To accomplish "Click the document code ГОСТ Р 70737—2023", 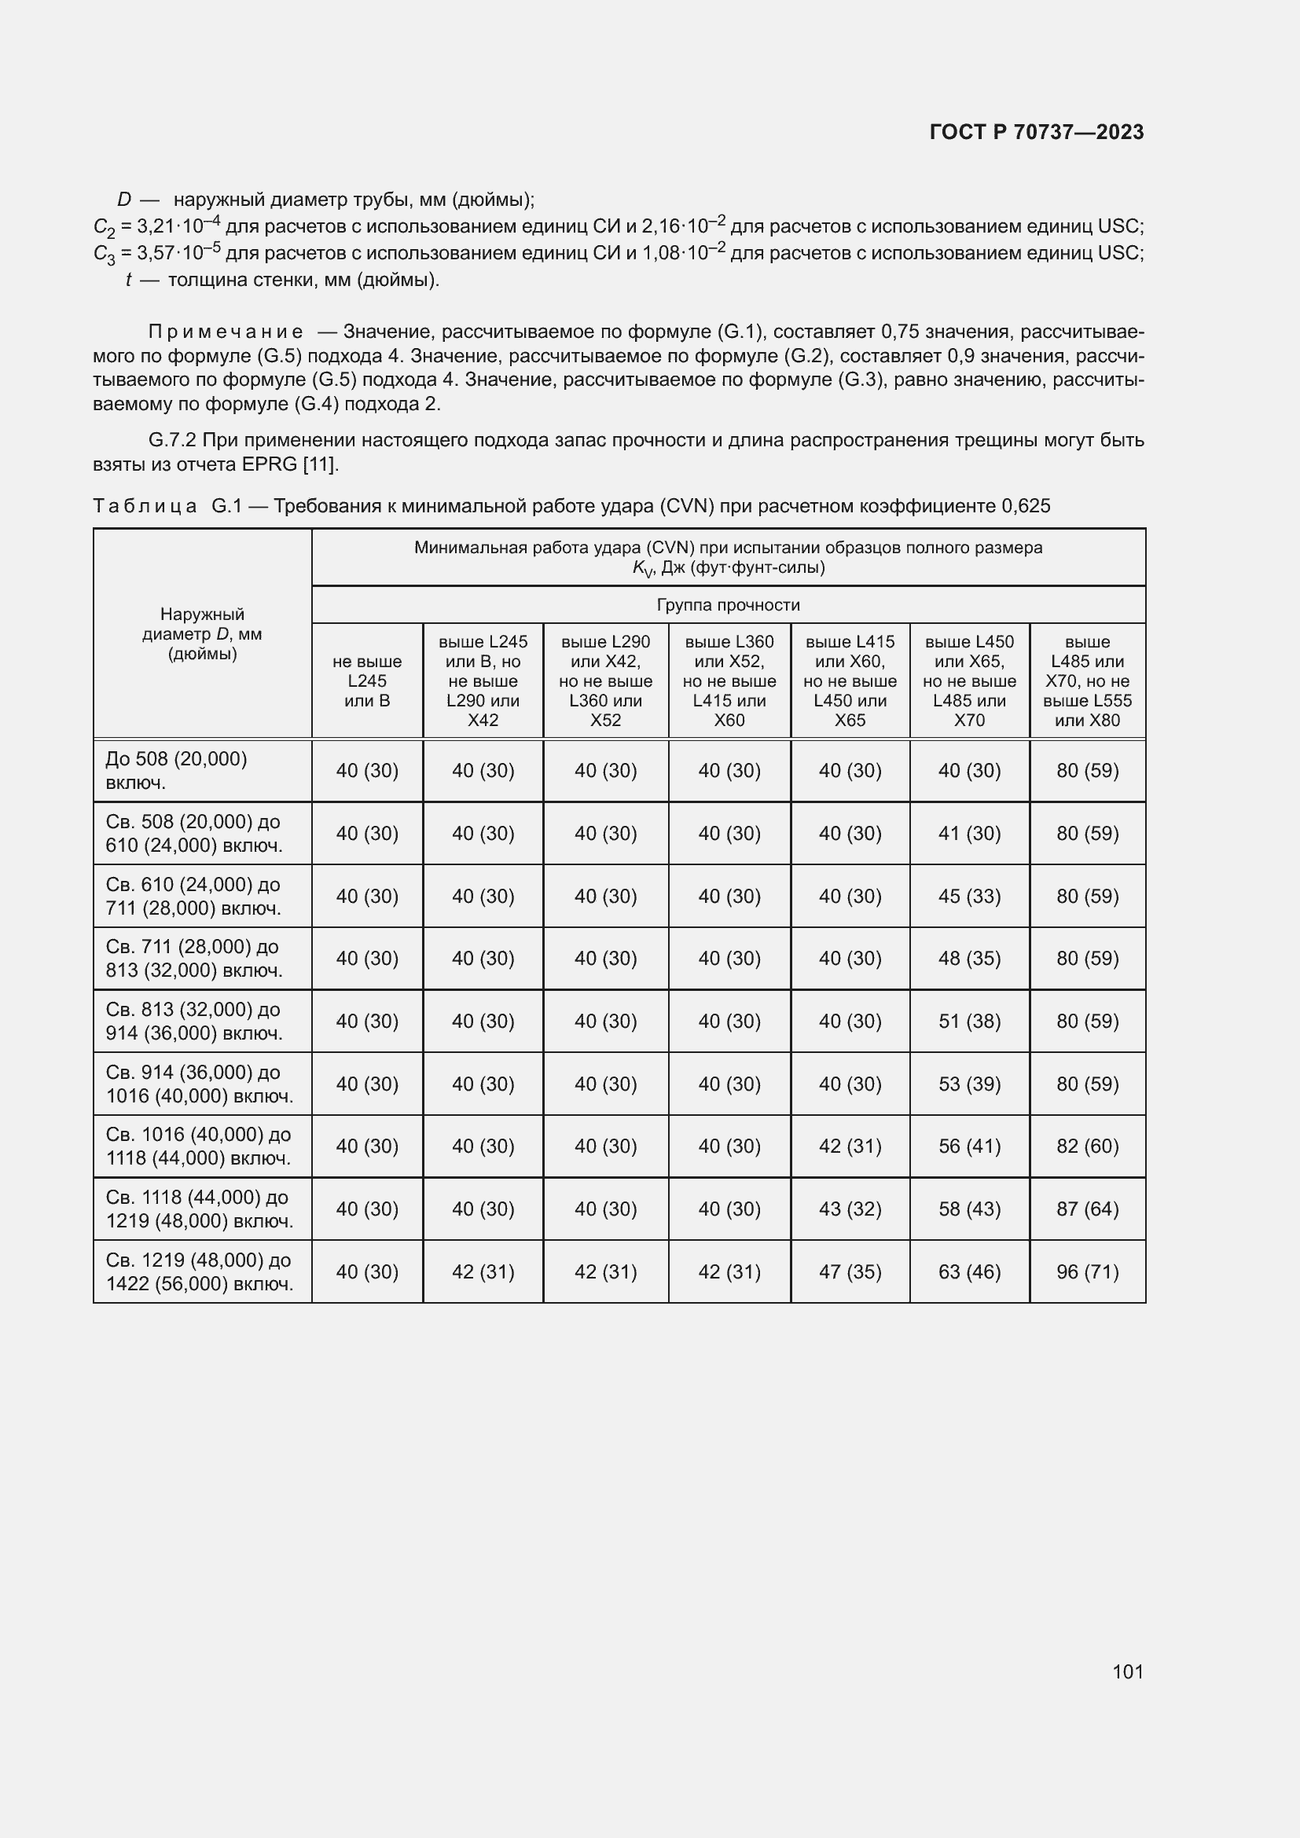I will point(1036,132).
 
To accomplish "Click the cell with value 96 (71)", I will point(1086,1272).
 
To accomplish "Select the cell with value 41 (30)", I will point(968,833).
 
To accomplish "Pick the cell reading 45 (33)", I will point(968,896).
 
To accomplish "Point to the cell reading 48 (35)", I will point(968,958).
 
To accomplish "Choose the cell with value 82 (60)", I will point(1086,1146).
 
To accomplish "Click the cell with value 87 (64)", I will point(1086,1209).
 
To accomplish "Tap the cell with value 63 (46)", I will point(968,1272).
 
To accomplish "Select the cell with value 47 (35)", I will point(850,1272).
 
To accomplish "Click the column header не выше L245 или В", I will point(366,681).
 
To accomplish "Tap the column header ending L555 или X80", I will point(1086,681).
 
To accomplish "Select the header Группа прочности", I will point(728,605).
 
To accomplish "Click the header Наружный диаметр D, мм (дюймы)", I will point(202,634).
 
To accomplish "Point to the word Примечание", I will point(225,332).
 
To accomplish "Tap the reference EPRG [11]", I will point(290,464).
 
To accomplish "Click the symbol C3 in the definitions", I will point(104,254).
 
